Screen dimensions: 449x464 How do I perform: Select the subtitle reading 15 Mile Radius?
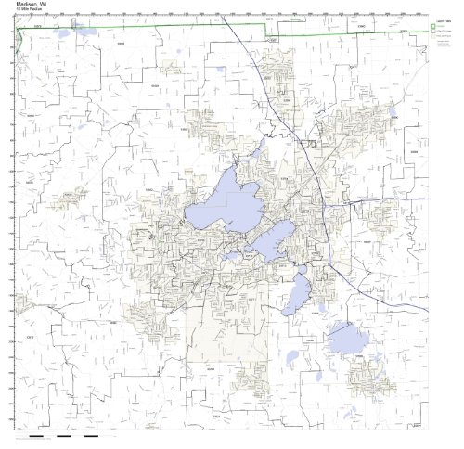click(25, 11)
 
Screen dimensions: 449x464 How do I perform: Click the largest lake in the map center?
click(223, 208)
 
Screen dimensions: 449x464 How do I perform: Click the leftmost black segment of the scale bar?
click(37, 436)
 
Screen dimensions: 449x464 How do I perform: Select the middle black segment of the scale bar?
click(64, 436)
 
